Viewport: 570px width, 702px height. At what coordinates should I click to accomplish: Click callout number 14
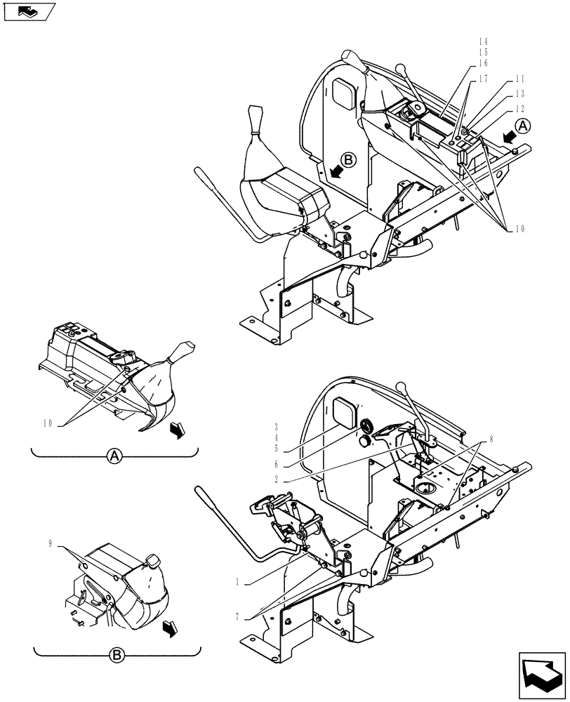pyautogui.click(x=482, y=41)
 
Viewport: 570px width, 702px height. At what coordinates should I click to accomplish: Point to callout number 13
pyautogui.click(x=519, y=93)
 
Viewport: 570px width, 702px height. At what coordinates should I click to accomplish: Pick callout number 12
pyautogui.click(x=519, y=108)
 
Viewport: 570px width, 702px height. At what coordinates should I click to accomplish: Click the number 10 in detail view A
pyautogui.click(x=48, y=423)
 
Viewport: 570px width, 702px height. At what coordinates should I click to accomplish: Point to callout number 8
pyautogui.click(x=490, y=439)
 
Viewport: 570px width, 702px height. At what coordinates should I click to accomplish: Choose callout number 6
pyautogui.click(x=277, y=465)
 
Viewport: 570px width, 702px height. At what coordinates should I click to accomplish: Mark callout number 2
pyautogui.click(x=277, y=479)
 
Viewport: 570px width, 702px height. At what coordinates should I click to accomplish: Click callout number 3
pyautogui.click(x=277, y=426)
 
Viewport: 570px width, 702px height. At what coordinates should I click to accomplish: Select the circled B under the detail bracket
pyautogui.click(x=117, y=656)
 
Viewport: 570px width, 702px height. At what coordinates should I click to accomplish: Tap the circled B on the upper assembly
pyautogui.click(x=350, y=159)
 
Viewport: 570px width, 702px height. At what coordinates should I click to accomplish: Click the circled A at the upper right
pyautogui.click(x=524, y=126)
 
